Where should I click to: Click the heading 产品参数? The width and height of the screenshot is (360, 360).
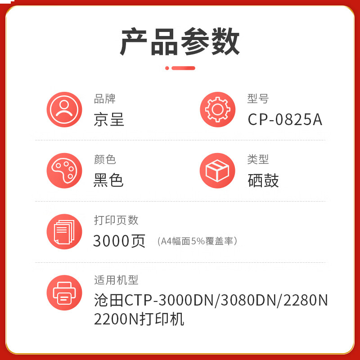coord(180,41)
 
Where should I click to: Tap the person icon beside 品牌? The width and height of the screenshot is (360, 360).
coord(64,109)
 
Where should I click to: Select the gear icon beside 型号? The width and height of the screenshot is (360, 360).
coord(218,109)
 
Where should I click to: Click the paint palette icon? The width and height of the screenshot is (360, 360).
coord(64,171)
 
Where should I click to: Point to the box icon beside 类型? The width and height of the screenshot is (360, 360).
coord(217,171)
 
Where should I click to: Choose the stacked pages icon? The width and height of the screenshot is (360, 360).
coord(64,232)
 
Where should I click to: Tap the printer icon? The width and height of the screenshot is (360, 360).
coord(64,293)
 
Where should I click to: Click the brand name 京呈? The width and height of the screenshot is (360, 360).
coord(109,119)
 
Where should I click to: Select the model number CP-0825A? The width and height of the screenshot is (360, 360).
coord(285,119)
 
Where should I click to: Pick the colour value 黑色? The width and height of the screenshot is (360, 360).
coord(108,180)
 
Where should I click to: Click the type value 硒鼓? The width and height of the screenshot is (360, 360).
coord(263,180)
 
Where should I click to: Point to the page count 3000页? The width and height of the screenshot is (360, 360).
coord(119,241)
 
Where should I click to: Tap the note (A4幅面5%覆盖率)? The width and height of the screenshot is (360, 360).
coord(197,241)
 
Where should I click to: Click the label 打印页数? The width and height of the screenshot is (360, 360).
coord(116,220)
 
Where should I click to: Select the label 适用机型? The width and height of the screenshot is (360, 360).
coord(116,280)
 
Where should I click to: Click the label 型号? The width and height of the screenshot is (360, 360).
coord(258,99)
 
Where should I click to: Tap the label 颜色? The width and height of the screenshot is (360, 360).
coord(105,159)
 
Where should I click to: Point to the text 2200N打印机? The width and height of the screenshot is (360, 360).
coord(139,319)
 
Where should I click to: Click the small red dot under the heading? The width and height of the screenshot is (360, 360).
coord(167,68)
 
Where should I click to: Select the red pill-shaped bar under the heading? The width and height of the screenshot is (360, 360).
coord(183,68)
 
